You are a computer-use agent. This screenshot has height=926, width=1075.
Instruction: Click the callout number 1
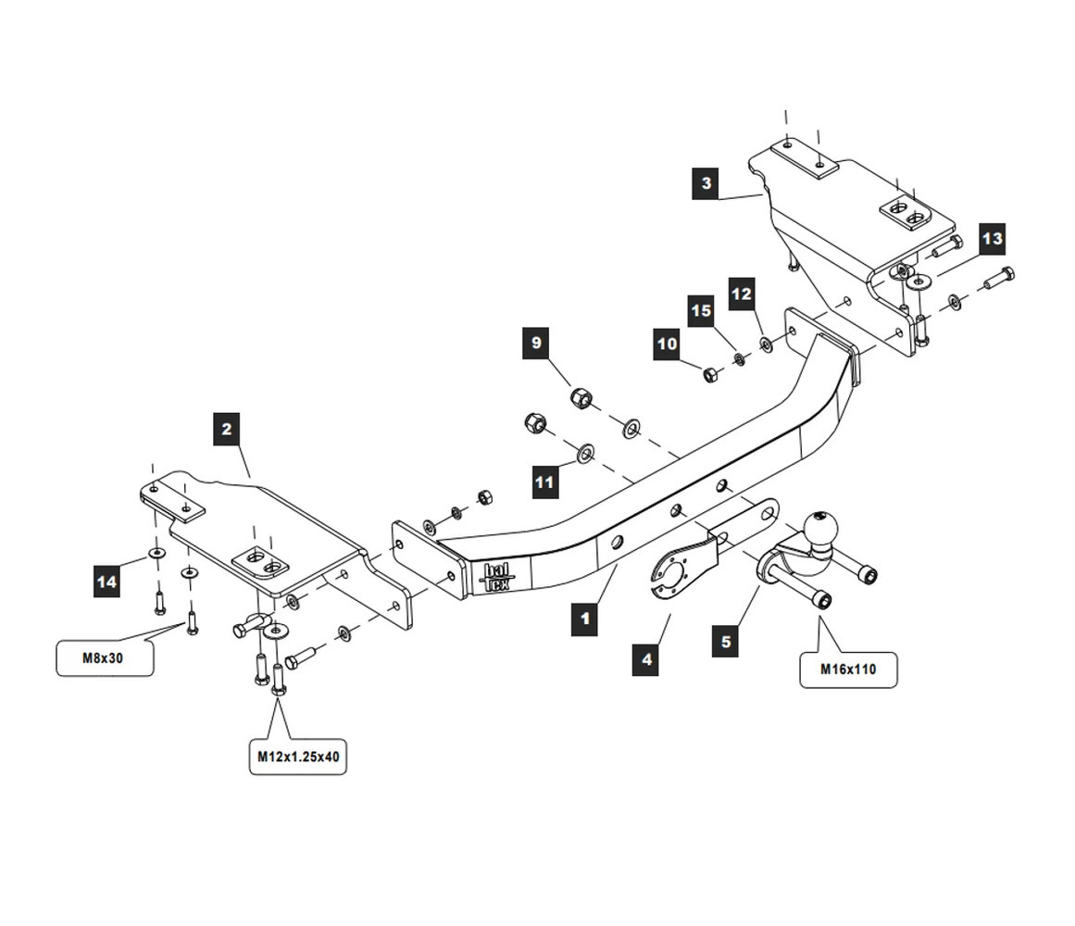coord(584,619)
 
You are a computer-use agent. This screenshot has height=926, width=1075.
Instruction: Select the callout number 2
coord(227,430)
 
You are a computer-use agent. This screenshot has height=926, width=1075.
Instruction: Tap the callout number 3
coord(706,183)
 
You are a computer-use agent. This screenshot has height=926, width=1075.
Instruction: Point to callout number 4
coord(646,660)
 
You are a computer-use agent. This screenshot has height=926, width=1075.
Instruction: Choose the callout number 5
coord(726,642)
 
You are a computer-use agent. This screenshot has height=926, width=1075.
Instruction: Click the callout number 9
coord(536,344)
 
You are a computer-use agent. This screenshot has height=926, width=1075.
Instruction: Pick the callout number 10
coord(667,344)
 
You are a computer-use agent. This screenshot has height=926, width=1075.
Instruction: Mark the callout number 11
coord(544,482)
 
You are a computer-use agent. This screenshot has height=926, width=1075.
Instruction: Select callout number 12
coord(742,294)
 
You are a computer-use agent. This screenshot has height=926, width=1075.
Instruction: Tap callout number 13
coord(991,239)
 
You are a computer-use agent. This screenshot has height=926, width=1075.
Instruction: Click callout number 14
coord(106,582)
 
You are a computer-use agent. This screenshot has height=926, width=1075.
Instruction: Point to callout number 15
coord(701,311)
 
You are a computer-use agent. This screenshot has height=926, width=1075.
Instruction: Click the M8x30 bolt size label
coord(105,658)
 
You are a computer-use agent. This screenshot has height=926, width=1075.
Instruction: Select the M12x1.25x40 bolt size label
coord(298,757)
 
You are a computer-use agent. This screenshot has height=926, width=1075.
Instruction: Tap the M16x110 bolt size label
coord(847,669)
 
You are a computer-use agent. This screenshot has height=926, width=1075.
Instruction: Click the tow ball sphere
coord(822,530)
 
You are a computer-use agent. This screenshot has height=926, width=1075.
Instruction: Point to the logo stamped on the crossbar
coord(497,576)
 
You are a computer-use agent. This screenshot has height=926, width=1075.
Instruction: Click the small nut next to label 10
coord(709,374)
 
